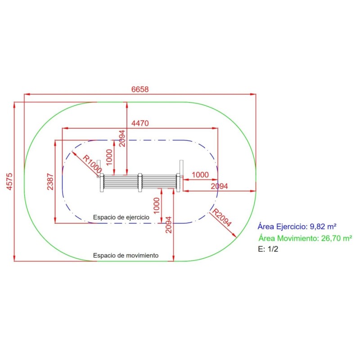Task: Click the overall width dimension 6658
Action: [140, 89]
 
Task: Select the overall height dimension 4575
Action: [9, 181]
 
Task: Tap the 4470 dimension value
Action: [140, 123]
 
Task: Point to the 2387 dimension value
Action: [50, 182]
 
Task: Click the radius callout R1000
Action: [92, 164]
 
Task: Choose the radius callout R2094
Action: [222, 217]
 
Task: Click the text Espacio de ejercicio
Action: [121, 217]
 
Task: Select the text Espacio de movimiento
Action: [126, 255]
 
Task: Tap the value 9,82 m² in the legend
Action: [323, 226]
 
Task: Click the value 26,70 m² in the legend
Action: [336, 238]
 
